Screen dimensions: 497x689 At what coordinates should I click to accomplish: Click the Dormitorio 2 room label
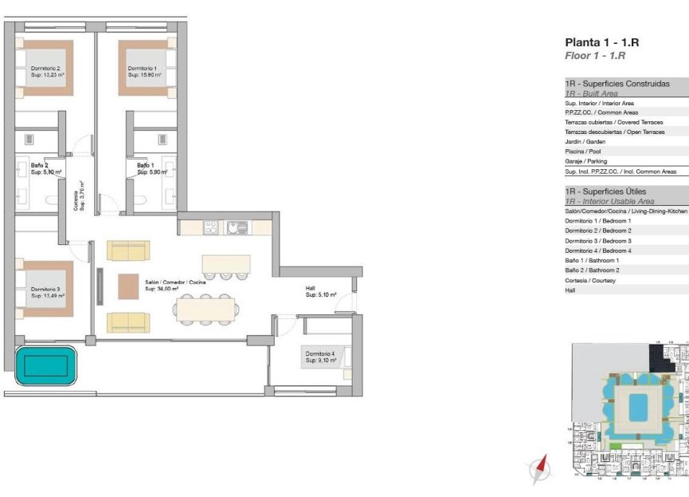[45, 72]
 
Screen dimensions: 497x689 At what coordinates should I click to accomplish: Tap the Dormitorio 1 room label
[144, 72]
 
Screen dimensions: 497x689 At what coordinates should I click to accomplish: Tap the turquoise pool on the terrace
[45, 366]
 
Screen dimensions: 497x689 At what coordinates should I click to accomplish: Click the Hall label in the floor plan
[320, 291]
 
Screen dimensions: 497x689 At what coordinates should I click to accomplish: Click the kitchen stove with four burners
[211, 227]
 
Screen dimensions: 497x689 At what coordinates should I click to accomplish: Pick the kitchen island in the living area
[226, 263]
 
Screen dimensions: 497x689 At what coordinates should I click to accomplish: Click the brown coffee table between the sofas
[128, 286]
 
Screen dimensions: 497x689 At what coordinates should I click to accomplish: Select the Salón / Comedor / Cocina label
[174, 286]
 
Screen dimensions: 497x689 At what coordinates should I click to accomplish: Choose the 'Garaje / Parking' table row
[585, 161]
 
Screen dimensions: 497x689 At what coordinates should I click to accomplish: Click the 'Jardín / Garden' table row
[585, 141]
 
